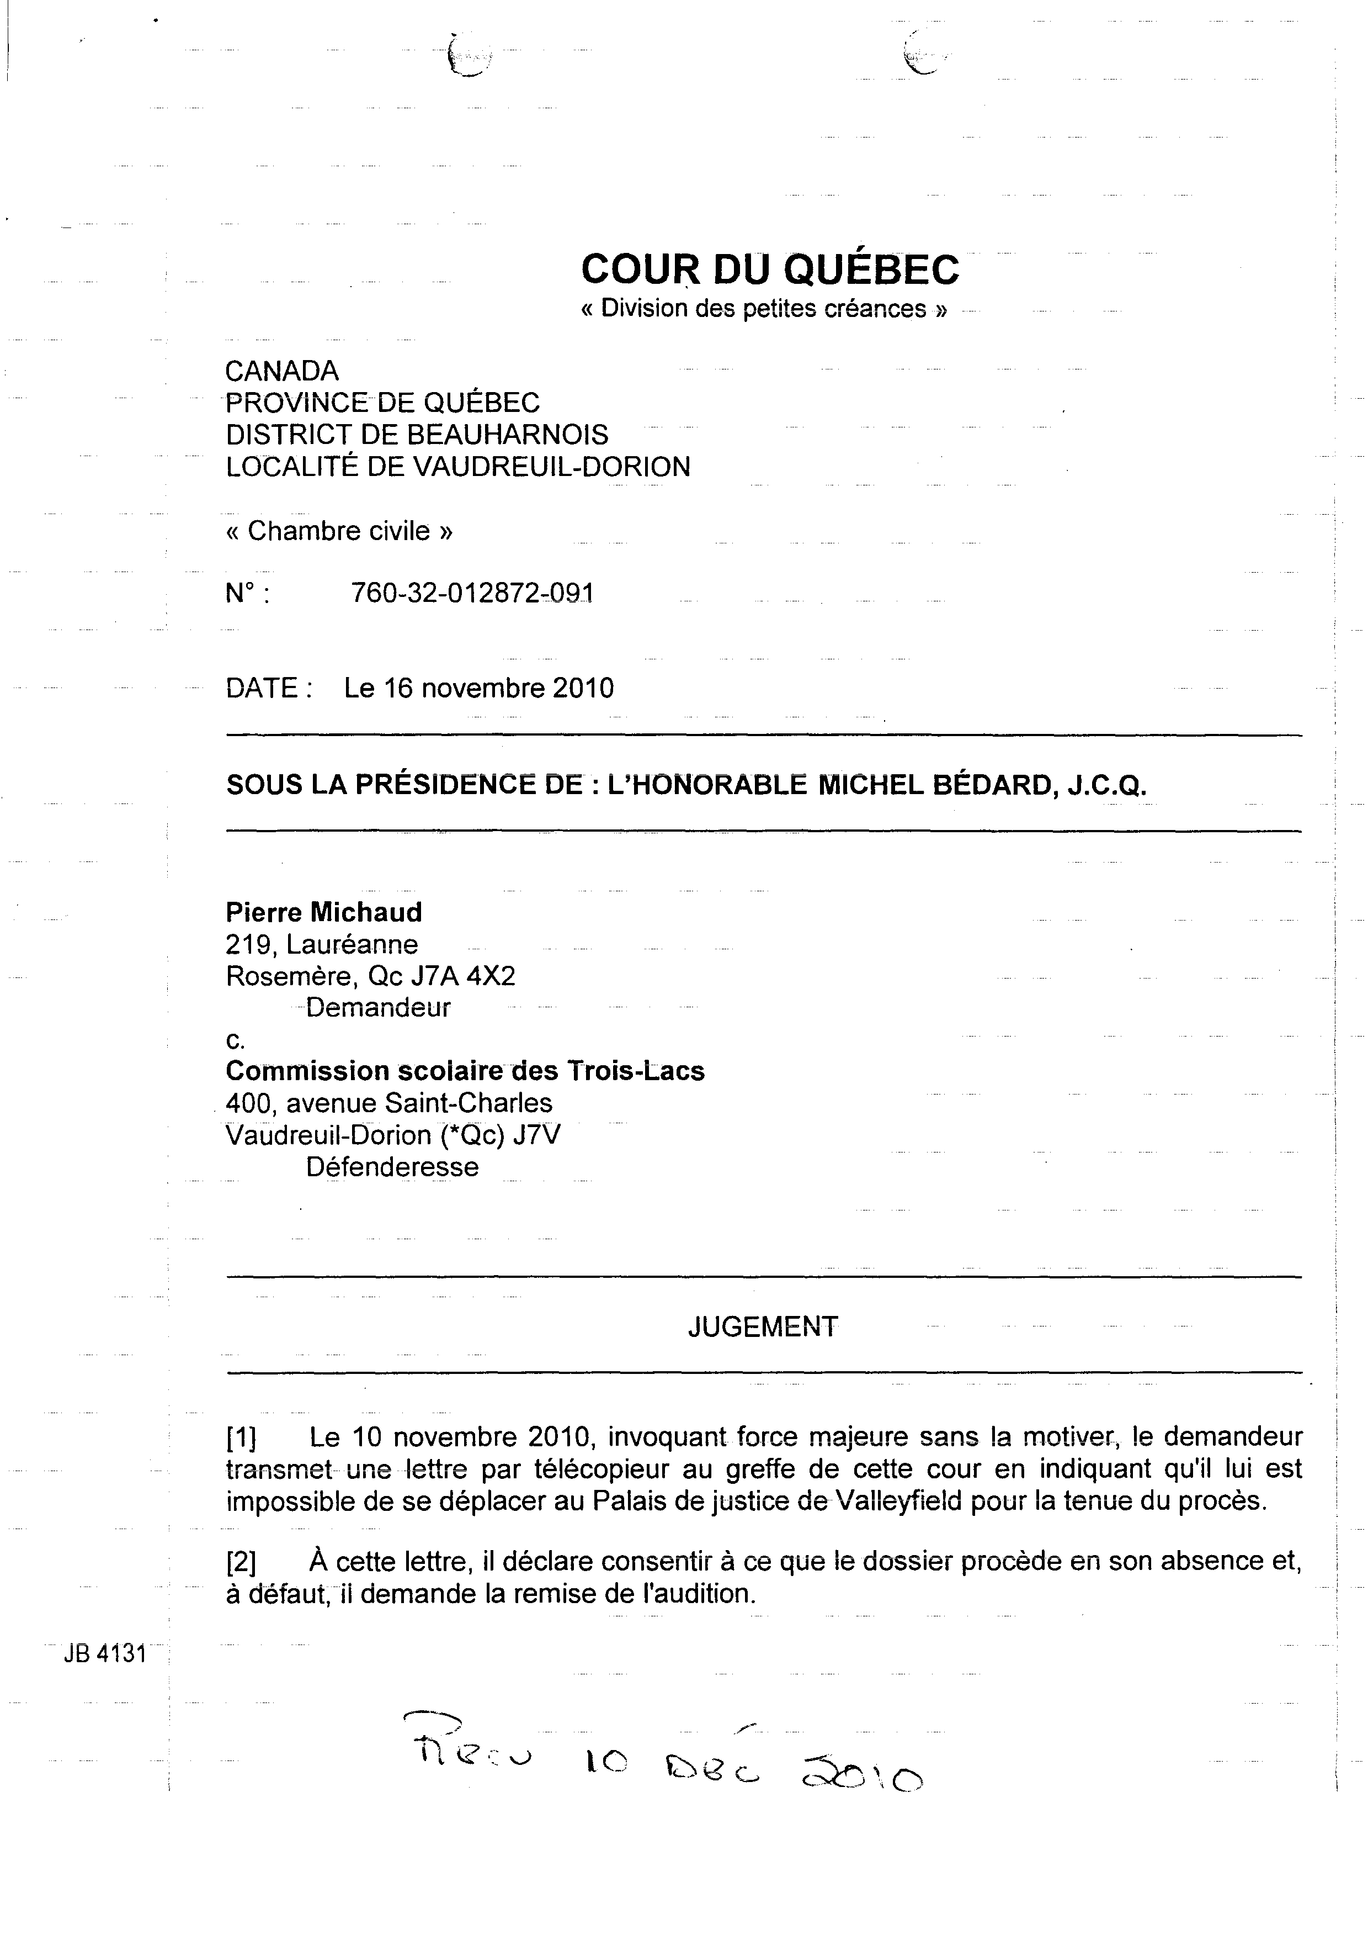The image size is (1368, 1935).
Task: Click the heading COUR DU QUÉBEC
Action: pos(769,269)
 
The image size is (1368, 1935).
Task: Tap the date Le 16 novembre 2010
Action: pos(478,689)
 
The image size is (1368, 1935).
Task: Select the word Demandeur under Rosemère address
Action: pos(378,1007)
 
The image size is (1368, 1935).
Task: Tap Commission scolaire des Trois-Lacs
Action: pos(465,1071)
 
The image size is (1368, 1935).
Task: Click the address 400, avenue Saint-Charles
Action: pos(389,1103)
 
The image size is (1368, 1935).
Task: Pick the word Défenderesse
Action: pos(392,1167)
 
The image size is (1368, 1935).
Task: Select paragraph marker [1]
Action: pos(242,1436)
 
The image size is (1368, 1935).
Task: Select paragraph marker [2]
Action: pos(242,1562)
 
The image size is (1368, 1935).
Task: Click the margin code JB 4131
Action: pos(104,1654)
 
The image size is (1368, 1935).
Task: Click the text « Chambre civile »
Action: pos(339,531)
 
